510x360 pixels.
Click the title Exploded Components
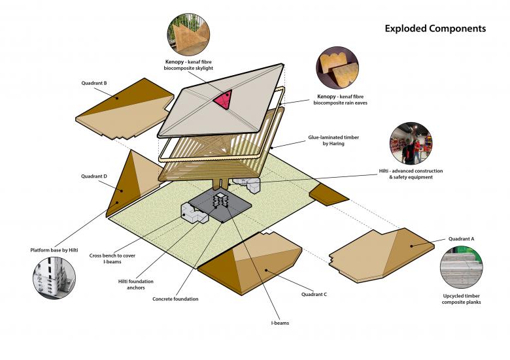pyautogui.click(x=435, y=29)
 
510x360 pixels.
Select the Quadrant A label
pyautogui.click(x=462, y=239)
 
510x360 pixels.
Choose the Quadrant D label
pyautogui.click(x=94, y=176)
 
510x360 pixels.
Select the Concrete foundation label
pyautogui.click(x=175, y=299)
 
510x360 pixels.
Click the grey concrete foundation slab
pyautogui.click(x=220, y=208)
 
